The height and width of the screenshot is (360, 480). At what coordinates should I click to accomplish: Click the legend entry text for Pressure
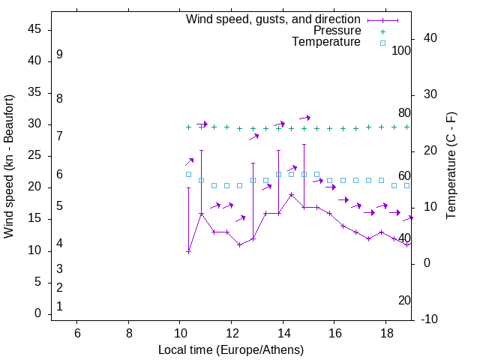click(x=337, y=31)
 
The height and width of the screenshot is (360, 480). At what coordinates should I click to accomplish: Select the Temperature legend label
click(x=326, y=42)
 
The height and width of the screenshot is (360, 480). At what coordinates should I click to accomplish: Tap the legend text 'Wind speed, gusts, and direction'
click(x=273, y=19)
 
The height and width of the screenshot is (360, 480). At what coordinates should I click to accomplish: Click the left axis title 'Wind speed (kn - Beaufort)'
click(x=9, y=166)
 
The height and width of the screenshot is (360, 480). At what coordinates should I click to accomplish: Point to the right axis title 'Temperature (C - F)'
click(x=451, y=166)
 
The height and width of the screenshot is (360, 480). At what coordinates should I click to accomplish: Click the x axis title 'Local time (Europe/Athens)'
click(x=231, y=350)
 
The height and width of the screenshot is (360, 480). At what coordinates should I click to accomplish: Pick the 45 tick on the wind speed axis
click(x=34, y=29)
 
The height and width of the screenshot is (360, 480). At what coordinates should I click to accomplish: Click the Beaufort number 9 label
click(x=59, y=55)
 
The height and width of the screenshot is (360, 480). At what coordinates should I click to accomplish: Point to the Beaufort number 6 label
click(x=59, y=175)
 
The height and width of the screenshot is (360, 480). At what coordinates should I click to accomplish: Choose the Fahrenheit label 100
click(x=402, y=50)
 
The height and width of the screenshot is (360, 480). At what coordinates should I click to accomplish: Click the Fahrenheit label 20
click(x=404, y=300)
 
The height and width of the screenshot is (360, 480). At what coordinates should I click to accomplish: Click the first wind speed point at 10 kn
click(x=188, y=251)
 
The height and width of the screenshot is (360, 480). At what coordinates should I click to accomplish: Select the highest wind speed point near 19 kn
click(x=291, y=194)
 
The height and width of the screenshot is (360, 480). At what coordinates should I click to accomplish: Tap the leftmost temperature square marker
click(x=188, y=174)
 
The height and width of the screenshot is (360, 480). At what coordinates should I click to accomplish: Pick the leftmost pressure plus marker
click(x=188, y=127)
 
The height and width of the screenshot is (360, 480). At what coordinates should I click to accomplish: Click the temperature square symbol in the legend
click(x=382, y=43)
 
